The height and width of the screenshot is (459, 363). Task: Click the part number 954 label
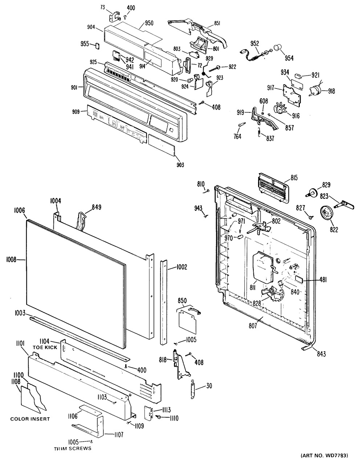289,58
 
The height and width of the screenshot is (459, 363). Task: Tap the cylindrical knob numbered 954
278,47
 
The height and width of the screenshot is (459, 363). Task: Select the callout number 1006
19,210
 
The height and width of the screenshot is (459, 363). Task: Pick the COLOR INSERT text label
30,419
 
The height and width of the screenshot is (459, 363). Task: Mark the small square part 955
97,45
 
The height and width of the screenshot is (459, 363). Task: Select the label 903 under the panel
180,165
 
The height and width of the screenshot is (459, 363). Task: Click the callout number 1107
119,434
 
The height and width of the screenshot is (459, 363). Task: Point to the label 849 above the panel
96,208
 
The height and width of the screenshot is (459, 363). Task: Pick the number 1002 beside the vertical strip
181,267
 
